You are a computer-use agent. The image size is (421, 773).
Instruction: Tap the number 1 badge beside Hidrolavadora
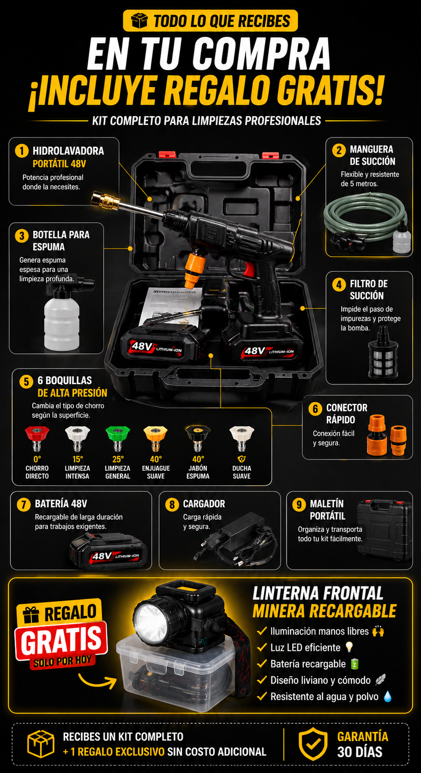pos(22,151)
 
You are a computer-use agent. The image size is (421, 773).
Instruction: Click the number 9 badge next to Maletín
pos(299,504)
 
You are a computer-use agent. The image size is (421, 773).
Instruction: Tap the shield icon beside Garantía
pos(313,744)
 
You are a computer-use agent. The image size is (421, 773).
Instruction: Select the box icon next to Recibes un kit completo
pos(41,744)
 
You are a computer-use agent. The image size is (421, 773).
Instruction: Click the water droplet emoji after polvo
pos(387,697)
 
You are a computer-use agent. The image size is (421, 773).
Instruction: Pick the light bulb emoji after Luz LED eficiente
pos(349,647)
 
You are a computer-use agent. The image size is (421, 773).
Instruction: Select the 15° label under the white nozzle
pos(77,459)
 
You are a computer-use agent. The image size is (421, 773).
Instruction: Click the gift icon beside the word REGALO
pos(31,615)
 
